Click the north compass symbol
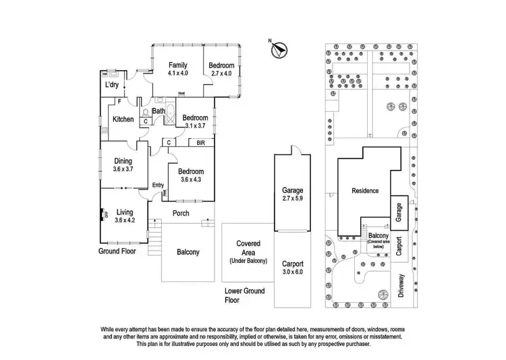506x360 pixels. pos(279,49)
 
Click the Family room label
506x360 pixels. pos(178,65)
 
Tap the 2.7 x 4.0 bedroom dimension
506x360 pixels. pos(221,73)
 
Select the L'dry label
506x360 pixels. pos(112,86)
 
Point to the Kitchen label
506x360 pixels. pos(123,119)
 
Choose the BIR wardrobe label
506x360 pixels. pos(200,143)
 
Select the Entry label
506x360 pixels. pos(159,185)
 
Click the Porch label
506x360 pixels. pos(181,214)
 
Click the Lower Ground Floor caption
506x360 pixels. pos(245,295)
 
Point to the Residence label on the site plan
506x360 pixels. pos(365,191)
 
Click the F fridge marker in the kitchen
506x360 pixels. pos(119,101)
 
